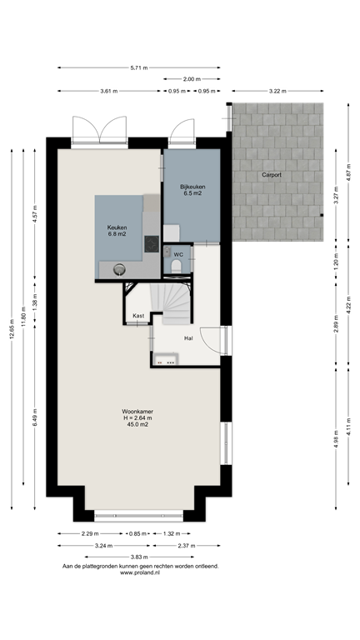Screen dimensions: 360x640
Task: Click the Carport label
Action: click(x=272, y=175)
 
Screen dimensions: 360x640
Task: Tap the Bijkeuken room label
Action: click(x=192, y=187)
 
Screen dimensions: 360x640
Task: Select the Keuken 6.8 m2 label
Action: click(x=117, y=231)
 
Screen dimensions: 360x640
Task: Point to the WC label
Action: click(x=178, y=255)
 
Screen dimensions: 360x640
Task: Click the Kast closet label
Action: click(x=138, y=316)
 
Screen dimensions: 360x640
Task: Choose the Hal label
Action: click(x=188, y=338)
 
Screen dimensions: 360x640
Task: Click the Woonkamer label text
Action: click(x=137, y=412)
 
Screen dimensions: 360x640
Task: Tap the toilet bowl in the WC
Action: click(x=177, y=267)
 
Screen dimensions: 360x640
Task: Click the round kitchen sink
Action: click(x=119, y=269)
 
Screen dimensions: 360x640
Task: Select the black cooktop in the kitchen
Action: click(x=152, y=244)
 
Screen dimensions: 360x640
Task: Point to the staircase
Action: click(x=170, y=303)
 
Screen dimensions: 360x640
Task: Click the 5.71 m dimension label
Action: click(x=139, y=67)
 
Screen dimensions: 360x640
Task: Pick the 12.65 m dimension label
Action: click(x=12, y=329)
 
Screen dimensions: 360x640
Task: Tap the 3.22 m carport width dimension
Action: click(x=277, y=91)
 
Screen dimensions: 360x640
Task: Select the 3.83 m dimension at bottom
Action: click(x=139, y=557)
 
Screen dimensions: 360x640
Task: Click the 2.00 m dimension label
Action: click(x=192, y=79)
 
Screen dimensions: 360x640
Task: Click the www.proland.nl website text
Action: click(x=140, y=572)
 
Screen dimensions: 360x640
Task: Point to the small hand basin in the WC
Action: click(x=167, y=252)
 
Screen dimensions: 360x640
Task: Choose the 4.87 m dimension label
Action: click(x=348, y=172)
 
